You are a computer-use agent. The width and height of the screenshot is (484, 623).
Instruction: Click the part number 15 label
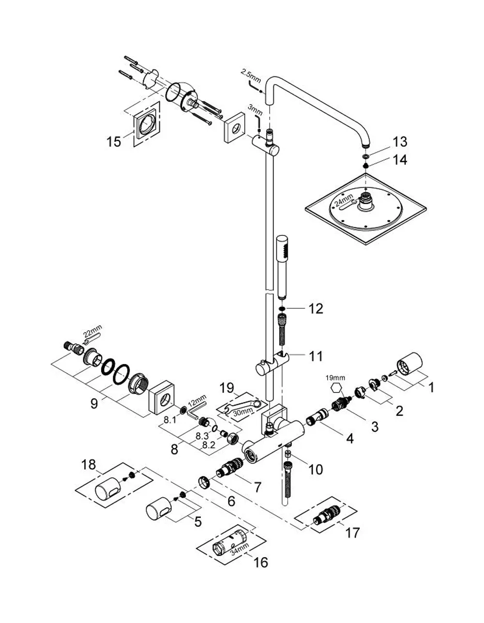[114, 142]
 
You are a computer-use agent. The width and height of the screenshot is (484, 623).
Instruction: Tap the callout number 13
[400, 142]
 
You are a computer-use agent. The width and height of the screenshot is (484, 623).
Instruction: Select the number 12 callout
[316, 308]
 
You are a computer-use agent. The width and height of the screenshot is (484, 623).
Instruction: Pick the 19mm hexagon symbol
[335, 389]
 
